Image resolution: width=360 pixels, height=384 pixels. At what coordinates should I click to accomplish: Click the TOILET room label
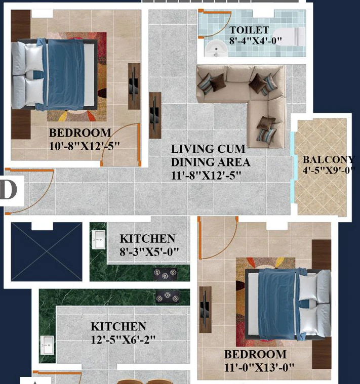249,30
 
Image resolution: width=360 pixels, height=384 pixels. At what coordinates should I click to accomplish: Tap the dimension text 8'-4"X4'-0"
255,40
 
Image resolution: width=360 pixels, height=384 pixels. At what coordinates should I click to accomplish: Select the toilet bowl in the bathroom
289,36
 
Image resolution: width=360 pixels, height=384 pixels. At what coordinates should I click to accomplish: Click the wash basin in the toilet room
216,49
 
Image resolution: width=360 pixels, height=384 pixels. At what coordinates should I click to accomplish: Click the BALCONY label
329,159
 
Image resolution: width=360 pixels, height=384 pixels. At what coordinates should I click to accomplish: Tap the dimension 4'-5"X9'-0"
329,170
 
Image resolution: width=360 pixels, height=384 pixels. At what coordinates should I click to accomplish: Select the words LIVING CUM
208,149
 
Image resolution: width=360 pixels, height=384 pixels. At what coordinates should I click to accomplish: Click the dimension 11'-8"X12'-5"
206,176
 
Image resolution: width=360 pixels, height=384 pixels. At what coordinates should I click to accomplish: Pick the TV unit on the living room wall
155,115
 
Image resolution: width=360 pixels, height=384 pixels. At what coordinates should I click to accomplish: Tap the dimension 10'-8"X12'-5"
84,146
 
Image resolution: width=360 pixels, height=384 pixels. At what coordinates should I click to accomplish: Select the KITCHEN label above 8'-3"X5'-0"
147,239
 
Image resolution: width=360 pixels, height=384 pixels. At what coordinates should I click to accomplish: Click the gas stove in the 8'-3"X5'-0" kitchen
165,274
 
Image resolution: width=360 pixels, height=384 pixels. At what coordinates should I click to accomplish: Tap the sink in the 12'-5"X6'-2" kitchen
47,345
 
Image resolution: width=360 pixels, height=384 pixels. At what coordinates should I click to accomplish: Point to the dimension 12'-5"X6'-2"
123,339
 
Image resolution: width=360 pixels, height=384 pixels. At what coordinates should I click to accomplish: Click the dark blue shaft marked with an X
47,251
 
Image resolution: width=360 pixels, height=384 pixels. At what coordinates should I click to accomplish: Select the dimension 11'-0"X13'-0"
259,367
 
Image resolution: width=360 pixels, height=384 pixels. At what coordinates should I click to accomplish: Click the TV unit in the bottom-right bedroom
206,310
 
